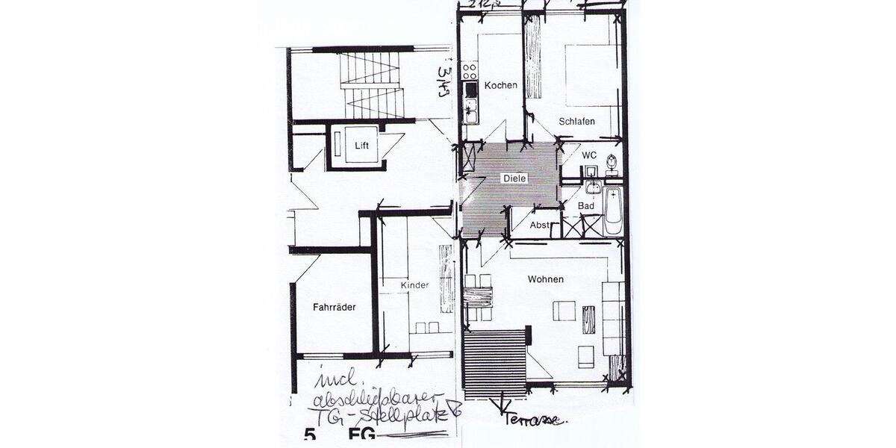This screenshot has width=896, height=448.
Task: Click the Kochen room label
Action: click(500, 85)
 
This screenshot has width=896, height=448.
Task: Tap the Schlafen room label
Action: click(576, 121)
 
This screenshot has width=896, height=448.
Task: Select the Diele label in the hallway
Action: click(515, 178)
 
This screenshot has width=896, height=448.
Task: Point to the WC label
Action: click(590, 156)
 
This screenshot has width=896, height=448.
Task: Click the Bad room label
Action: click(586, 205)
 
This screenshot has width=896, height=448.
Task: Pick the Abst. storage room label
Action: click(540, 225)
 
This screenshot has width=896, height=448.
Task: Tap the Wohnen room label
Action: click(545, 279)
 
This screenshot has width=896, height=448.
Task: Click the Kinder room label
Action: click(414, 286)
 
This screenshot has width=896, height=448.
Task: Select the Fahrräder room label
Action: click(334, 307)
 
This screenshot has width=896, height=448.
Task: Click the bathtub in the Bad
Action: click(613, 211)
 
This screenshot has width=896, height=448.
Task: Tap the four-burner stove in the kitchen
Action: click(470, 71)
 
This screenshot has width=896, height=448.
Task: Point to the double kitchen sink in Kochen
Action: click(470, 111)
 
